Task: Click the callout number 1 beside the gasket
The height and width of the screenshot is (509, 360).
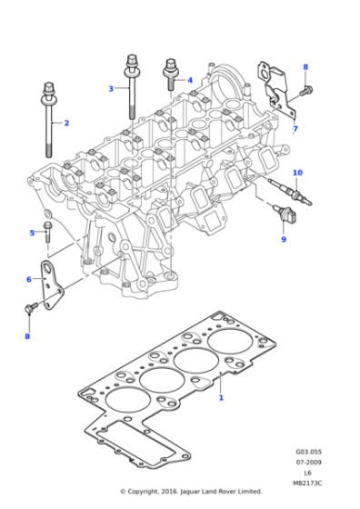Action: (x=220, y=397)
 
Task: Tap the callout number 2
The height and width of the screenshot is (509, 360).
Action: (x=65, y=122)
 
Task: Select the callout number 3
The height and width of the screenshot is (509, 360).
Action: (x=111, y=88)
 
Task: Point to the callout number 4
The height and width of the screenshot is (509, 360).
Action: (x=190, y=80)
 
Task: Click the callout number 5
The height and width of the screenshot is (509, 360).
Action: (x=31, y=233)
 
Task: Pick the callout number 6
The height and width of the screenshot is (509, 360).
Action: (x=28, y=279)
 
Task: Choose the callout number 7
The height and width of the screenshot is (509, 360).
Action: (x=294, y=130)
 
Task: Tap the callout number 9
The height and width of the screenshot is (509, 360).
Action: (x=283, y=239)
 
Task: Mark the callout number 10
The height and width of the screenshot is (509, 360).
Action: (x=297, y=173)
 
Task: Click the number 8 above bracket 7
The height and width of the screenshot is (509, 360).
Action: (x=305, y=67)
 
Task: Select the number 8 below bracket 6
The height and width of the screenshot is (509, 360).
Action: (x=27, y=336)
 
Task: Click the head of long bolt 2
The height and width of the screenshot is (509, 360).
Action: (x=46, y=88)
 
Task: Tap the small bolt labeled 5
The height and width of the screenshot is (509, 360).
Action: (x=47, y=231)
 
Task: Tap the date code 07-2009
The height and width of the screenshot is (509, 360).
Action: (x=307, y=462)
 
